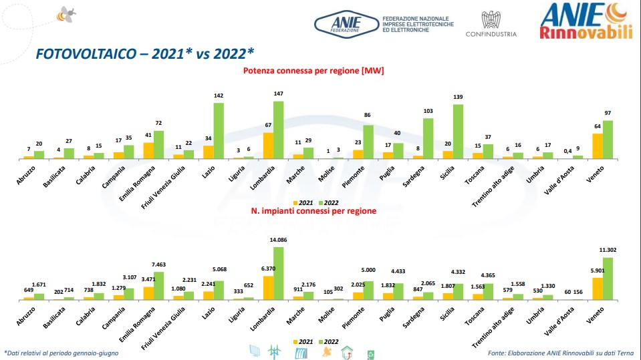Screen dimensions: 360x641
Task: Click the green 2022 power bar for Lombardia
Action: (x=277, y=130)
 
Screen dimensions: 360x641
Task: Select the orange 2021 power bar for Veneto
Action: (x=598, y=146)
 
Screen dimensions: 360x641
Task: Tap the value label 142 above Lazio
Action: (x=218, y=96)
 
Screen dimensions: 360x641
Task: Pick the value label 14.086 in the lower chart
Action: (x=277, y=240)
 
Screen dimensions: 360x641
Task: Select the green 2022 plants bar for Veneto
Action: (x=608, y=279)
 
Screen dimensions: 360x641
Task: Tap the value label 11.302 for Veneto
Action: (x=608, y=251)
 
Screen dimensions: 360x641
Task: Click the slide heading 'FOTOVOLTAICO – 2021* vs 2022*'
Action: (x=144, y=53)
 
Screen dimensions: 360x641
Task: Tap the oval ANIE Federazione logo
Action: (x=345, y=24)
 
